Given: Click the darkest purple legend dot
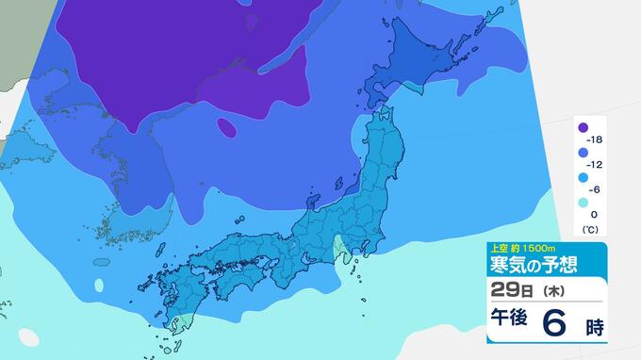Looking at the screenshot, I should click(583, 127).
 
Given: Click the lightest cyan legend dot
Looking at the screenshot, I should click(583, 203).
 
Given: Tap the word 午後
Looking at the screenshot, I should click(507, 323).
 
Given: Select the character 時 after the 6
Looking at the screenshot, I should click(593, 327).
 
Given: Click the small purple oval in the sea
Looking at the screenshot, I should click(226, 126).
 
